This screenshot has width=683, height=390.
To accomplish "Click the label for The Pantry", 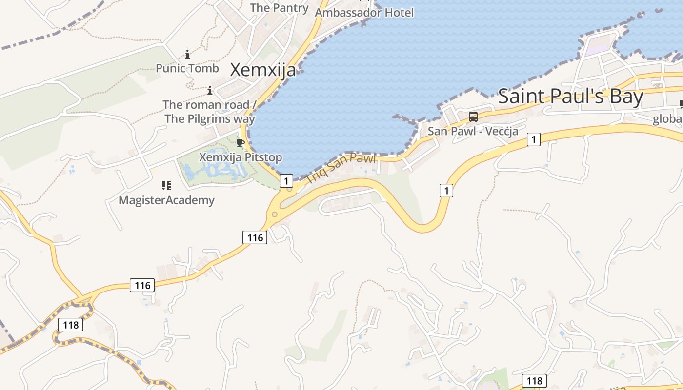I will pos(279,8).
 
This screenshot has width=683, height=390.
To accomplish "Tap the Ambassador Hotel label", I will pos(364,12).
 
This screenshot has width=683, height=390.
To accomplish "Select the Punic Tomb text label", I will pos(187,68).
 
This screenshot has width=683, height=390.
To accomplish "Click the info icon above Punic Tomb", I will pos(187,54).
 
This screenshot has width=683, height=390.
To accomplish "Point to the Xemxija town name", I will pos(262,70).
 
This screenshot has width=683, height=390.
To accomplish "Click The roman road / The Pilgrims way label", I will pos(209,112).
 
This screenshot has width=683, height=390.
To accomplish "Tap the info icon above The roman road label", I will pos(210,90).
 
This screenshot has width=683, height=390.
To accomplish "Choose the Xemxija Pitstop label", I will pos(241,157).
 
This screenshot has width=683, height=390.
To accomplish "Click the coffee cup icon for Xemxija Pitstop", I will pos(240,143).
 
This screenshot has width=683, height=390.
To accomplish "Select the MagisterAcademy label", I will pos(166,200).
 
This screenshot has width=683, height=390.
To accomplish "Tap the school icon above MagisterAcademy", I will pos(166,185).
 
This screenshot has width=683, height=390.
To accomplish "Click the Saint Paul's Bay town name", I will pos(570,97).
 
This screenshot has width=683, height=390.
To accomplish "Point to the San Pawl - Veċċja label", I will pos(473,131).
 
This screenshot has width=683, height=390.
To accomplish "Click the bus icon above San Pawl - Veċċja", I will pos(473,117).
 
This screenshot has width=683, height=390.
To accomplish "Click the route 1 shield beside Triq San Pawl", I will pos(286,181).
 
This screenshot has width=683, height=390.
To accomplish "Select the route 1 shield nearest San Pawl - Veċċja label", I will pos(534,140).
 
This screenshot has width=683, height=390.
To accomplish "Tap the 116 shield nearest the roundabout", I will pos(255,237).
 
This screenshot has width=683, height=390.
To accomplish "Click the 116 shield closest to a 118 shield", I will pos(142,285).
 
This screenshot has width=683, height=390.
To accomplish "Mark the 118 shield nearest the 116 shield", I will pos(70,325).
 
